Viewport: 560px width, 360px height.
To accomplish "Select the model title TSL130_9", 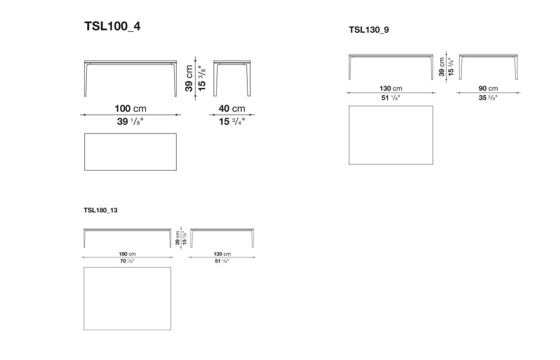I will pyautogui.click(x=369, y=29).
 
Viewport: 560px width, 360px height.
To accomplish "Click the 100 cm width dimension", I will pyautogui.click(x=130, y=109).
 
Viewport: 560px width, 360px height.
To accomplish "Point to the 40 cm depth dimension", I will pyautogui.click(x=231, y=109).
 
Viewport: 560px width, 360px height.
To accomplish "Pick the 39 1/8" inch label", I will pyautogui.click(x=130, y=121).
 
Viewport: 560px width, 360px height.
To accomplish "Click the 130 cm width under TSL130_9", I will pyautogui.click(x=391, y=89).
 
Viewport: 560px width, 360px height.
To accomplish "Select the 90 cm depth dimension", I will pyautogui.click(x=488, y=89).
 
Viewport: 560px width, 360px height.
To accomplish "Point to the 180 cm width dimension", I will pyautogui.click(x=127, y=254).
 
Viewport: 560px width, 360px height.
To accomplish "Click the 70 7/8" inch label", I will pyautogui.click(x=127, y=261).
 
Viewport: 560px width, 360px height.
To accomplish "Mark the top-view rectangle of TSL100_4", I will pyautogui.click(x=130, y=152).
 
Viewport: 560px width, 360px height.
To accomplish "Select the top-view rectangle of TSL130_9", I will pyautogui.click(x=391, y=135).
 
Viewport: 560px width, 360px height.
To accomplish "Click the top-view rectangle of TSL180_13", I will pyautogui.click(x=127, y=298).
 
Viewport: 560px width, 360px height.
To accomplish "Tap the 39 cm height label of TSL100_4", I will pyautogui.click(x=189, y=78).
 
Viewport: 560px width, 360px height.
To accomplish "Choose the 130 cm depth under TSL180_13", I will pyautogui.click(x=221, y=254).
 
